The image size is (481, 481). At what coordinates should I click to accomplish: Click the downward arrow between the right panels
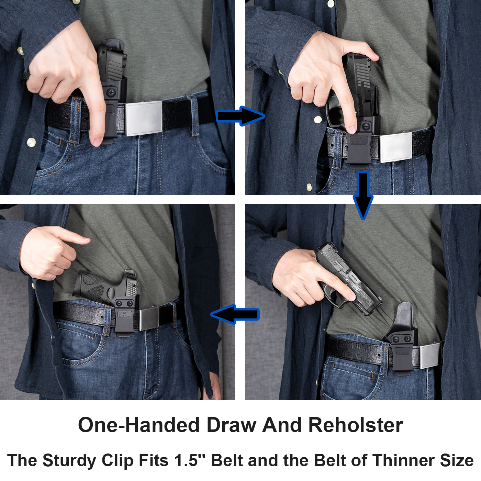point(363,194)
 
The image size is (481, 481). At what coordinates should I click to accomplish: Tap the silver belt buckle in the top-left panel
point(143,118)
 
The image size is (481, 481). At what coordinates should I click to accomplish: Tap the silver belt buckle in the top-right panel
point(395,147)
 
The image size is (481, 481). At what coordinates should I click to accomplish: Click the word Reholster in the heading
point(356,425)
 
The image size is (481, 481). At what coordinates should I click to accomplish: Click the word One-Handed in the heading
point(139,425)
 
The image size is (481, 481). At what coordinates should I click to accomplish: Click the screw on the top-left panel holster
point(111,92)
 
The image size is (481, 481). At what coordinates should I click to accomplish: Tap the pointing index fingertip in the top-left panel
point(97,141)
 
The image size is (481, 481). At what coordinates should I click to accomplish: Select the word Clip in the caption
point(118,460)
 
